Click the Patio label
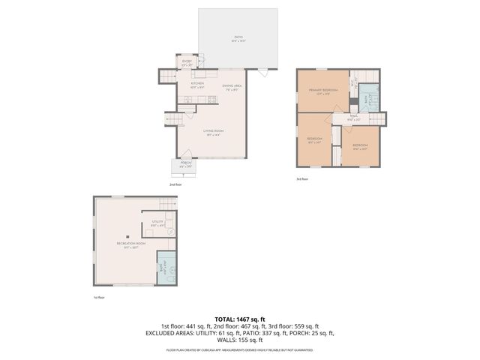pyautogui.click(x=238, y=37)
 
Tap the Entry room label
pyautogui.click(x=187, y=63)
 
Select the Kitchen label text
pyautogui.click(x=197, y=85)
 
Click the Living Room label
pyautogui.click(x=214, y=132)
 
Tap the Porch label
pyautogui.click(x=185, y=164)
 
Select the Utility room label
pyautogui.click(x=157, y=223)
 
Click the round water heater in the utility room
pyautogui.click(x=171, y=232)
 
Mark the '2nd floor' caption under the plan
pyautogui.click(x=175, y=184)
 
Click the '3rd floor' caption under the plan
pyautogui.click(x=302, y=179)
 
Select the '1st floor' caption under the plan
pyautogui.click(x=98, y=298)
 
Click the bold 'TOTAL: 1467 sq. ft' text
pyautogui.click(x=240, y=319)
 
